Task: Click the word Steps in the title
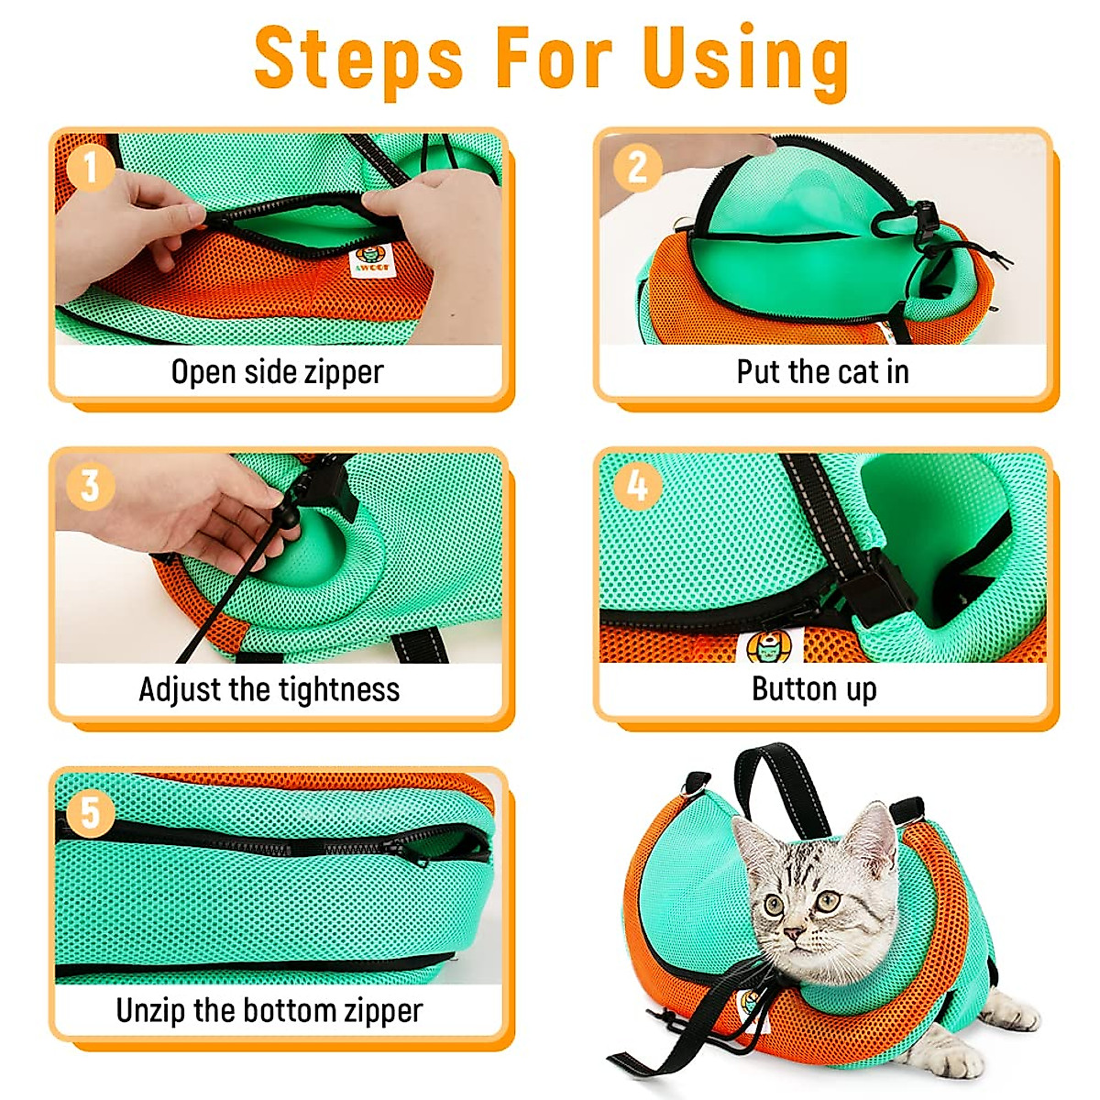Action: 358,60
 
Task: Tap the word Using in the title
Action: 744,60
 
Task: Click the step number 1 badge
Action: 89,167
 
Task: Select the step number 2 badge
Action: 636,167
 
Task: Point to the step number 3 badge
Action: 89,486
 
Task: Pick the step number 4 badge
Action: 636,486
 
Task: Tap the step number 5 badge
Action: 89,812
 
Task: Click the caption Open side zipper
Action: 277,371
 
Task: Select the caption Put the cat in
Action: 822,371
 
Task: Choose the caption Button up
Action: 814,688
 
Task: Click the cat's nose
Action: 793,935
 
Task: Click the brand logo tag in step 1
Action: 372,260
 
